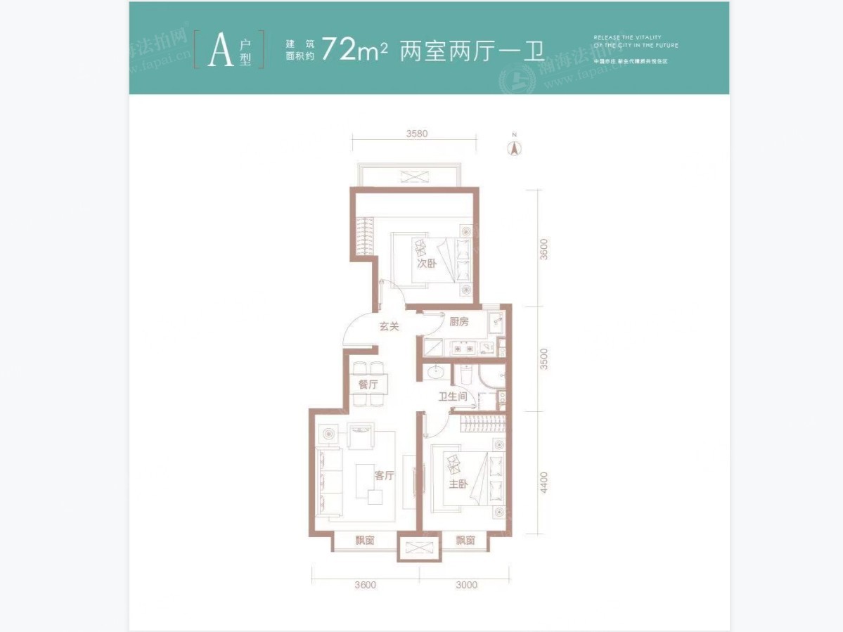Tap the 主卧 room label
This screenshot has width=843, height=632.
coord(458,484)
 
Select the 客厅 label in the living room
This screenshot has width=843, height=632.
coord(384,476)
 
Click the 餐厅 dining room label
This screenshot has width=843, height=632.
coord(368,385)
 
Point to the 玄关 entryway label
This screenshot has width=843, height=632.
coord(390,326)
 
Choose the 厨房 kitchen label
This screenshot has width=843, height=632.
coord(458,322)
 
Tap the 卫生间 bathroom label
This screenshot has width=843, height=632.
coord(453,396)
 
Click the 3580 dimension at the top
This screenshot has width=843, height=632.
coord(417,134)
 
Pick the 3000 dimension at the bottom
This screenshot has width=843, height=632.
coord(465,584)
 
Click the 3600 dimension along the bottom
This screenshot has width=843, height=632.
coord(365,584)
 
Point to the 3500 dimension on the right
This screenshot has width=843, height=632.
coord(544,359)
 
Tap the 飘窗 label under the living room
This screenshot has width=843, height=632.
coord(364,541)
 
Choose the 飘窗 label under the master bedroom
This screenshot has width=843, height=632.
coord(465,541)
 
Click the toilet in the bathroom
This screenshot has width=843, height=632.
coord(466,374)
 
